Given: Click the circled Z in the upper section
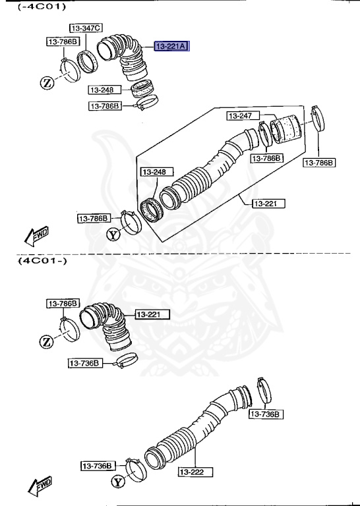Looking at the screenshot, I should pyautogui.click(x=47, y=82).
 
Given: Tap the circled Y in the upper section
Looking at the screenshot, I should pyautogui.click(x=113, y=234).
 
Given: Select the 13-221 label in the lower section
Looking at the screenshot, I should pyautogui.click(x=152, y=314).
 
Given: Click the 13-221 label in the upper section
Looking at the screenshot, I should pyautogui.click(x=268, y=204).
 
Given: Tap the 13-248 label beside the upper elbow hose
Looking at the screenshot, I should pyautogui.click(x=102, y=90).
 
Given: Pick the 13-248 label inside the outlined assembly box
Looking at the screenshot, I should pyautogui.click(x=153, y=172).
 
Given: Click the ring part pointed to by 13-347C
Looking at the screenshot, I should pyautogui.click(x=87, y=61).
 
